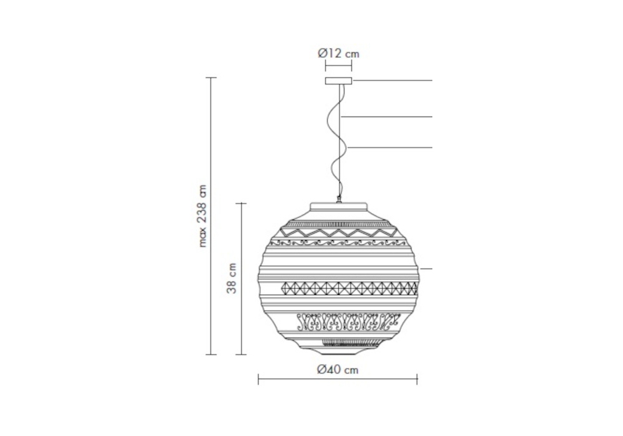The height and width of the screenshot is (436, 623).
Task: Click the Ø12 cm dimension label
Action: click(x=338, y=53)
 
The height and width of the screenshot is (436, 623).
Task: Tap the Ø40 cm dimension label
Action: click(x=338, y=370)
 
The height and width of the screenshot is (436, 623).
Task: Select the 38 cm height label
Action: click(x=232, y=278)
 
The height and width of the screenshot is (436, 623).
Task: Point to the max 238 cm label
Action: click(x=202, y=216)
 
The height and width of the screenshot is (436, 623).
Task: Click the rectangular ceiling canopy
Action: click(x=338, y=81)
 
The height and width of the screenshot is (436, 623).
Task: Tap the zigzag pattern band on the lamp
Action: click(x=338, y=232)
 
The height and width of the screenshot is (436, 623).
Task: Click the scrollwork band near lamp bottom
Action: click(x=348, y=321)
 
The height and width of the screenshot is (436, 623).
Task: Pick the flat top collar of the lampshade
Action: click(x=338, y=207)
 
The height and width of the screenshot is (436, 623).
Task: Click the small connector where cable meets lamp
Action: click(x=340, y=199)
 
